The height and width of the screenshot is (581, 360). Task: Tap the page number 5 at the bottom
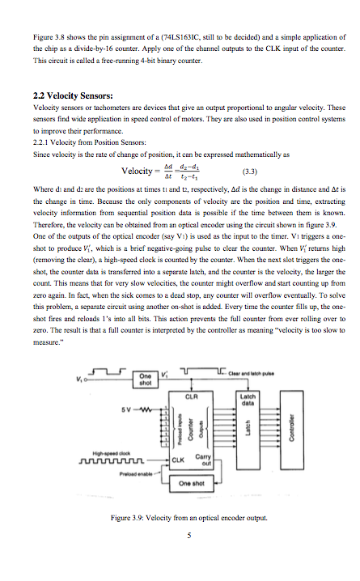coord(188,535)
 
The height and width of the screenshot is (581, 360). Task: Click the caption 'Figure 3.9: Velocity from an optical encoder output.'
coord(187,516)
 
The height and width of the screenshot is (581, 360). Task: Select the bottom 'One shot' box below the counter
coord(192,484)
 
